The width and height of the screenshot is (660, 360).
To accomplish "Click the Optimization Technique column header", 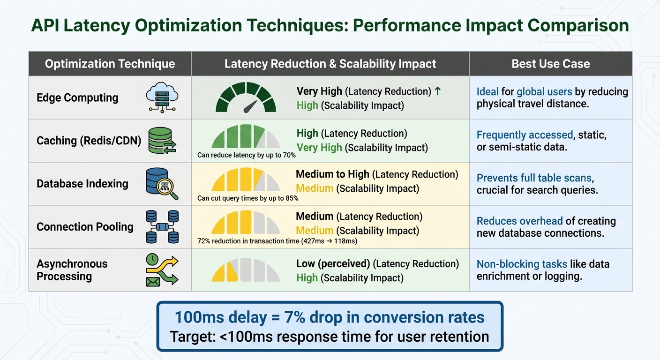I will point(110,64).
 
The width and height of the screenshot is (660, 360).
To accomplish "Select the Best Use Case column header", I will point(550,64).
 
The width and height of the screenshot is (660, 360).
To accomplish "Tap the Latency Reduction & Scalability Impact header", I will point(330,64).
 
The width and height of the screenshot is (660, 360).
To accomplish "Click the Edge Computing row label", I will point(77,97).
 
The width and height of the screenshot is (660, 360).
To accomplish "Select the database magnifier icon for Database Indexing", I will point(162,184).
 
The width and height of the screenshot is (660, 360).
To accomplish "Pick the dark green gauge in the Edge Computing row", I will point(246,97).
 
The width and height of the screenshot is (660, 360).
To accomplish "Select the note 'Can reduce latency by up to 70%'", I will point(247,155).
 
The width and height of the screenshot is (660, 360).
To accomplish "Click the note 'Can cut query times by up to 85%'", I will point(247,198).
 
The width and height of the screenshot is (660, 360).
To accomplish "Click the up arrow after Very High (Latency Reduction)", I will point(438,91).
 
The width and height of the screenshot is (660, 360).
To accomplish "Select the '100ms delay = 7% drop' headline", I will point(330,317).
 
